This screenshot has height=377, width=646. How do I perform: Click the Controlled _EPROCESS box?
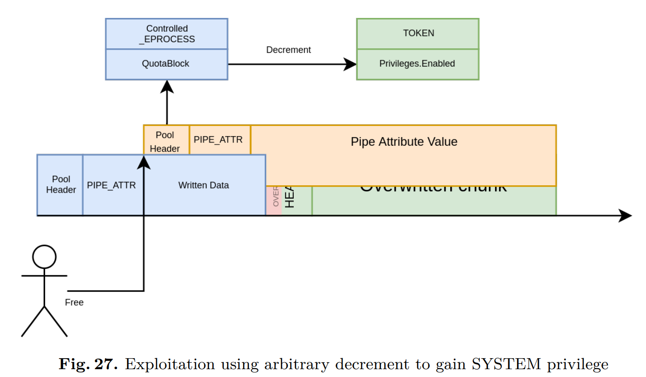tap(167, 34)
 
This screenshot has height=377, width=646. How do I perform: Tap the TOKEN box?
tap(418, 33)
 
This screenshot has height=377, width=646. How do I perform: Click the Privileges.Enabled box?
tap(418, 64)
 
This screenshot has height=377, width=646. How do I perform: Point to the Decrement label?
tap(288, 50)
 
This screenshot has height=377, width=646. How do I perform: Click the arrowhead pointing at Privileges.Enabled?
tap(351, 64)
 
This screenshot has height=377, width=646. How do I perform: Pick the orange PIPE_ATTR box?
tap(218, 139)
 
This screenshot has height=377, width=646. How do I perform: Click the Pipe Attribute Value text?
tap(404, 142)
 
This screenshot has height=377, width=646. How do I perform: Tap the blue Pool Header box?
tap(60, 184)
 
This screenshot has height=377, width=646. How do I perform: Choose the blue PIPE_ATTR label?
tap(111, 185)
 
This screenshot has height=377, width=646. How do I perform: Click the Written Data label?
tap(204, 185)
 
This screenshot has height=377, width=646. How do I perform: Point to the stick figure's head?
tap(44, 257)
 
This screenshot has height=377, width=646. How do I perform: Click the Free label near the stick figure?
tap(74, 303)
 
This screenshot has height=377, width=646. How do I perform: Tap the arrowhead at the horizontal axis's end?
tap(625, 215)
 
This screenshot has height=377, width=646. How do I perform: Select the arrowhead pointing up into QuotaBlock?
tap(167, 86)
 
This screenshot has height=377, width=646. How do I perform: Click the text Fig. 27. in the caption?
tap(88, 365)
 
